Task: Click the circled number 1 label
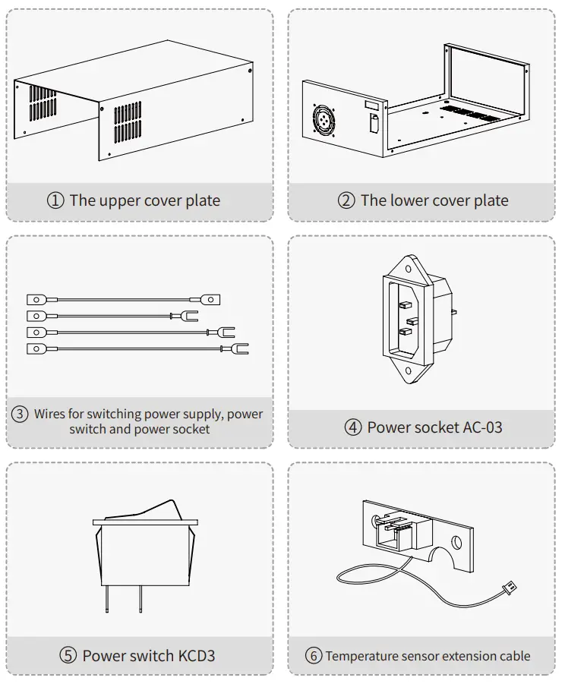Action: coord(55,201)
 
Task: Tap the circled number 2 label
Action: coord(346,201)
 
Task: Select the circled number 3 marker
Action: coord(21,414)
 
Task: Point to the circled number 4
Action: coord(353,427)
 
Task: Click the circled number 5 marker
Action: coord(68,655)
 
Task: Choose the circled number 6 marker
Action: coord(314,656)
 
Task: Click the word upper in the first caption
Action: coord(118,201)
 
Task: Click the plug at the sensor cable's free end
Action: coord(510,585)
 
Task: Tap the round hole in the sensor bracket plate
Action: coord(456,543)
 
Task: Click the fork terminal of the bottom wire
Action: coord(241,349)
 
